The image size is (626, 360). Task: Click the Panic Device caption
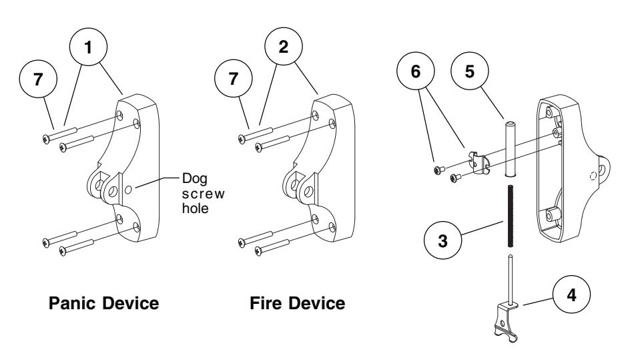tap(107, 304)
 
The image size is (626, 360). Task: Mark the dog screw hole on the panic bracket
tap(137, 190)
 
